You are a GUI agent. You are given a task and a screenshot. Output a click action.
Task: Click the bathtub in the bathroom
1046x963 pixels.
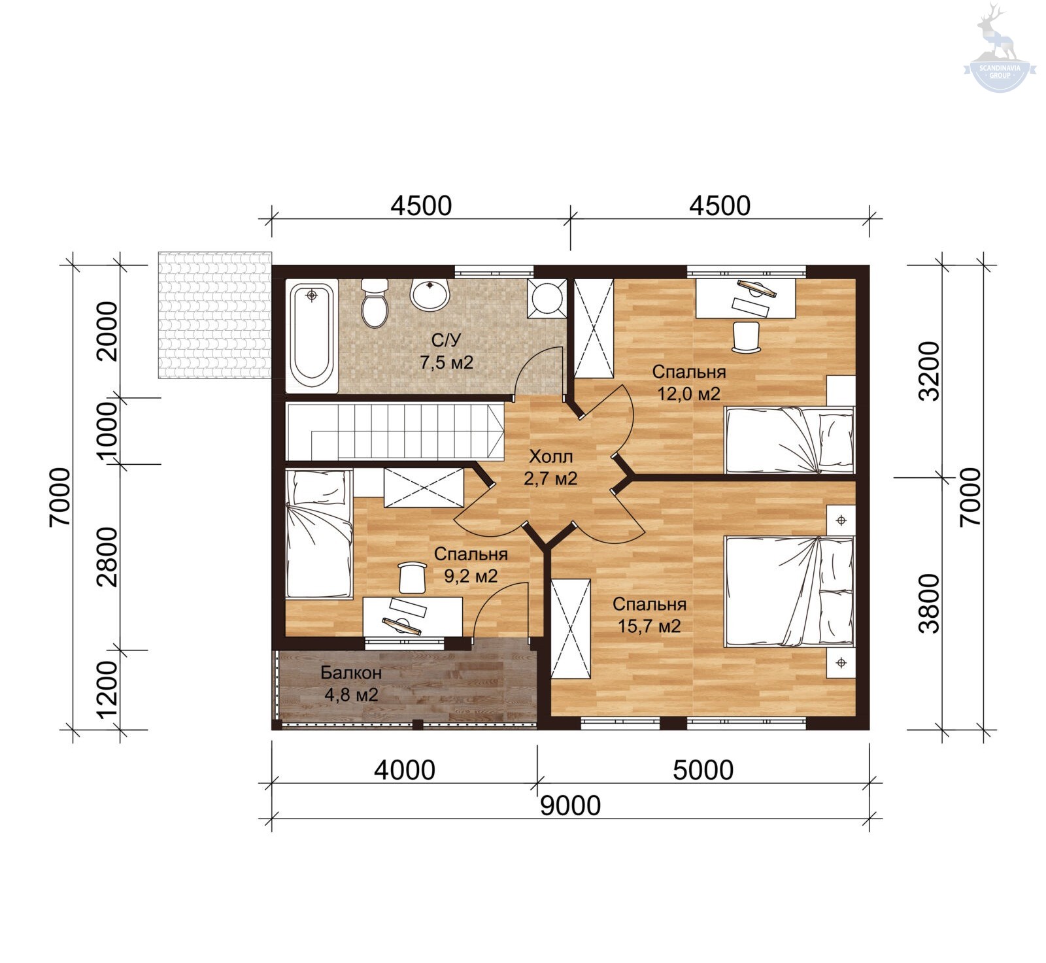pyautogui.click(x=312, y=336)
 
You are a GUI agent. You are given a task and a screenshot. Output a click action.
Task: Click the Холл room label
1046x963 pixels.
pyautogui.click(x=550, y=456)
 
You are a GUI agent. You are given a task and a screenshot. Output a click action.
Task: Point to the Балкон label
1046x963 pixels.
pyautogui.click(x=351, y=672)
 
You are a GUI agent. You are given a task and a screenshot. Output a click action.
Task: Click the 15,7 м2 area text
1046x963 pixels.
pyautogui.click(x=649, y=626)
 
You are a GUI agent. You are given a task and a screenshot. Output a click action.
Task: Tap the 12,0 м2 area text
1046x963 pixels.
pyautogui.click(x=688, y=394)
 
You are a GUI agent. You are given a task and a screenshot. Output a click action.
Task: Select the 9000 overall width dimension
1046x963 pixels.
pyautogui.click(x=570, y=805)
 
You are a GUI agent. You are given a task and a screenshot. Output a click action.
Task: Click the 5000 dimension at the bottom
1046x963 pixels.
pyautogui.click(x=703, y=770)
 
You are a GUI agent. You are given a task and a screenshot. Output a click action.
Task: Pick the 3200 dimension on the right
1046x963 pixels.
pyautogui.click(x=929, y=371)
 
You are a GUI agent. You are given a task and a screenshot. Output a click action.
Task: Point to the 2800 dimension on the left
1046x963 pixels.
pyautogui.click(x=107, y=557)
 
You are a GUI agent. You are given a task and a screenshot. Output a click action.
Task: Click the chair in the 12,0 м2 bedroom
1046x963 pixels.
pyautogui.click(x=747, y=337)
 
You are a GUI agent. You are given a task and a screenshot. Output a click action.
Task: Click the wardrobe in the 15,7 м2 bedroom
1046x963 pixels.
pyautogui.click(x=571, y=629)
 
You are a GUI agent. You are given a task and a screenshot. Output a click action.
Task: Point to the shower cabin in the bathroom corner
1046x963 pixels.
pyautogui.click(x=547, y=298)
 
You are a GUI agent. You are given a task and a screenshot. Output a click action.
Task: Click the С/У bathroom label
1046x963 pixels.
pyautogui.click(x=446, y=340)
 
